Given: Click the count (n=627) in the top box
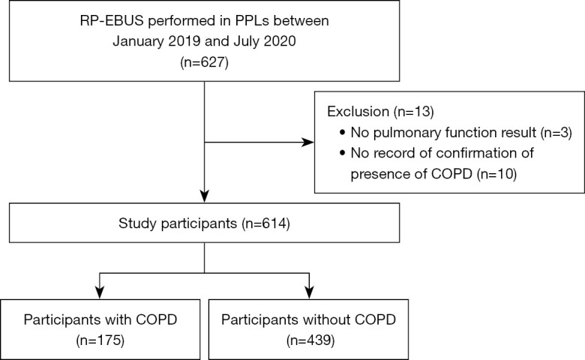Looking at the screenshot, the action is coord(204,61).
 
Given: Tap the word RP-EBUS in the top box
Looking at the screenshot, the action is coord(112,21).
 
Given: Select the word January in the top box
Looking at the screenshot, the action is coord(137,41).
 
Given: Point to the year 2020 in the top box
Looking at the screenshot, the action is coord(280,41).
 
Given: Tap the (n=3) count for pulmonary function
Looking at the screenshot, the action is coord(556,133).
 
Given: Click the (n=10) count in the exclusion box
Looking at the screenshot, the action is coord(496,174).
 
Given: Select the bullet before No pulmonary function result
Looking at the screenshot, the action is coord(343,133).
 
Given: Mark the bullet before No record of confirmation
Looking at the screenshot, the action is coord(343,153).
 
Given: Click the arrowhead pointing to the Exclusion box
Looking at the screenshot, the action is coord(307,142).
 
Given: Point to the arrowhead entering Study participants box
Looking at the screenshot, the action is coord(205,196).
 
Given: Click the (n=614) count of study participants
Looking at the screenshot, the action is coord(265,223).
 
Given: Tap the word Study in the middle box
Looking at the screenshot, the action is coord(136,223).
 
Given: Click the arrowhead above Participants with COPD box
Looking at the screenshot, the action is coord(100,292).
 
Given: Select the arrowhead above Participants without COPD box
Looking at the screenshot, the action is coord(309,292).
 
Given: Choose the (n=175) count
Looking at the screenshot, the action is coord(100,340).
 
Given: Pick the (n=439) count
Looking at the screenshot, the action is coord(310,340).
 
